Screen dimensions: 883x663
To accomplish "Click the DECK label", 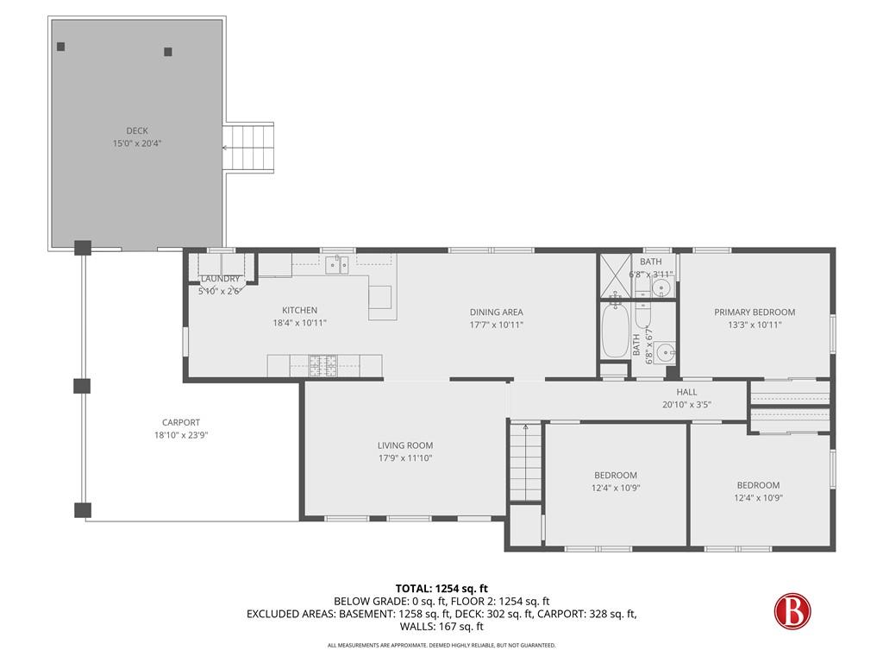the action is [x=137, y=131].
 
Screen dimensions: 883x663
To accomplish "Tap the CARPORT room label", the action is [x=181, y=422].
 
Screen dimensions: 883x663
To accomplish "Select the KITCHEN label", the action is [x=299, y=310].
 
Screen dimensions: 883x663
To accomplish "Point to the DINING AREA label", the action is [x=496, y=312].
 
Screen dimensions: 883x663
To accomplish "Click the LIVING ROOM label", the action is [x=405, y=445].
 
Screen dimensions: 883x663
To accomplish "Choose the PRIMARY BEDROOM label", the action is [x=755, y=312].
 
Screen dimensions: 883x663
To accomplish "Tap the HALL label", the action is [x=686, y=392].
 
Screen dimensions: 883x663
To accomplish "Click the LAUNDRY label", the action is [x=220, y=279].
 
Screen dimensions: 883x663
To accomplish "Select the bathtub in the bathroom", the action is [x=614, y=331].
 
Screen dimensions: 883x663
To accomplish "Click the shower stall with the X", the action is [x=615, y=275].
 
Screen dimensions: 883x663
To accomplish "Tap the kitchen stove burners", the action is [x=323, y=366].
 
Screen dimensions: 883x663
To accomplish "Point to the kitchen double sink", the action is [x=337, y=264].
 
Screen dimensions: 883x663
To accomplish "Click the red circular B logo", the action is [x=792, y=611].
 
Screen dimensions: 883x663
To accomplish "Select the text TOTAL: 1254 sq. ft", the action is [x=441, y=589].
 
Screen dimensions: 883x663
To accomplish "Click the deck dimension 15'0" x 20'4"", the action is [x=137, y=143].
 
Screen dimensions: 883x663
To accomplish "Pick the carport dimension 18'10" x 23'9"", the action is [x=181, y=435].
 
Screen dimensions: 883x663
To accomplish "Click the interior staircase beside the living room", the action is [x=525, y=463].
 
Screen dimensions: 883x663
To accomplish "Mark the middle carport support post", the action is [x=82, y=386].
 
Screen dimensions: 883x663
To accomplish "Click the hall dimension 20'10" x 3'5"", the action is [x=686, y=404].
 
